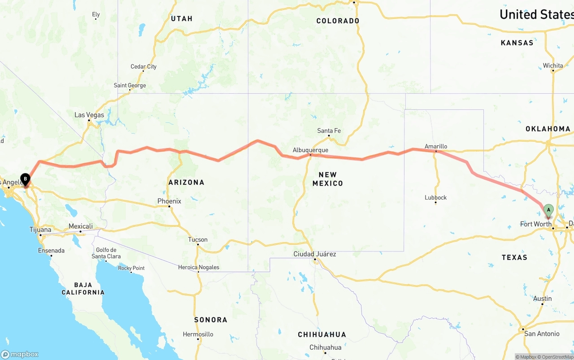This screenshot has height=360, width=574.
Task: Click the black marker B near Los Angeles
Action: click(x=26, y=180)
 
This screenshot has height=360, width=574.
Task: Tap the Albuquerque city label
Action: click(x=310, y=150)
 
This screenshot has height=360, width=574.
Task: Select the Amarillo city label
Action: click(x=436, y=146)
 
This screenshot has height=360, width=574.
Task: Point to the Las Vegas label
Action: click(x=89, y=115)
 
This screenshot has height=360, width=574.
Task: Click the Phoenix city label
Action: click(x=169, y=201)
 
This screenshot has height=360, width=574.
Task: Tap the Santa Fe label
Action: click(x=329, y=130)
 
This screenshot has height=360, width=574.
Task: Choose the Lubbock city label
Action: click(x=435, y=197)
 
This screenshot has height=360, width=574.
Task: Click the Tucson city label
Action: click(x=198, y=239)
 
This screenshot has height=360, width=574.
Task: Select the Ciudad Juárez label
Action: click(x=315, y=254)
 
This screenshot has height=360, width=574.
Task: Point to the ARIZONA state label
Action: click(x=186, y=182)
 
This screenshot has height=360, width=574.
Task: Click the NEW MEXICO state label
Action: click(x=327, y=179)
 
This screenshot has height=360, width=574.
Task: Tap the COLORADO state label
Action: click(x=338, y=21)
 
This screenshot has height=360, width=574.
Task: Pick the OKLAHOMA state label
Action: click(x=548, y=129)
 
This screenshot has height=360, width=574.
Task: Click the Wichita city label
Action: click(x=552, y=65)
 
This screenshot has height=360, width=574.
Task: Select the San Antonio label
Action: click(x=542, y=334)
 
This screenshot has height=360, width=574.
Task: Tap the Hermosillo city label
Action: click(x=198, y=334)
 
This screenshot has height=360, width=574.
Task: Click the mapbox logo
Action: click(x=20, y=354)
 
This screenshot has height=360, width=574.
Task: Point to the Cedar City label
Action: click(x=143, y=67)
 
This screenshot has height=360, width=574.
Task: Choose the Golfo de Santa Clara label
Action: click(x=106, y=253)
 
